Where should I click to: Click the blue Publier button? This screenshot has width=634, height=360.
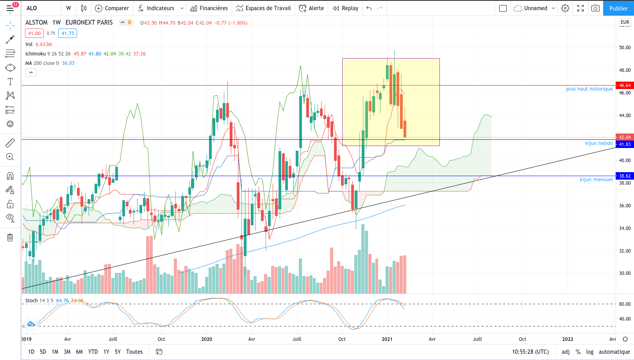(618, 8)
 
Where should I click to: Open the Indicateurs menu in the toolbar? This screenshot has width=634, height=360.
(160, 8)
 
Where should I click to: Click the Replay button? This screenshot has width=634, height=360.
(346, 8)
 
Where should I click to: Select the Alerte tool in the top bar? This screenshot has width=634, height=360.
(311, 8)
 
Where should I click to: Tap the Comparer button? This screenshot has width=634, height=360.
(112, 8)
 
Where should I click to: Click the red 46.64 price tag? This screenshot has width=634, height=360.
(624, 85)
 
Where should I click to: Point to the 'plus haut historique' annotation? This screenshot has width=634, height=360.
(589, 89)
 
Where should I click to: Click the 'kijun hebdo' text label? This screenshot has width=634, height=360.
(599, 143)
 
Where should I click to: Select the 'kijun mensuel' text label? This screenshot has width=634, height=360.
(596, 179)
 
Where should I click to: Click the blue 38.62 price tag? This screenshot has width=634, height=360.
(624, 176)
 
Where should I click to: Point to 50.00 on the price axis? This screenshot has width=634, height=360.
(625, 47)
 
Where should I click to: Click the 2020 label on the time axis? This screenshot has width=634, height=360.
(207, 339)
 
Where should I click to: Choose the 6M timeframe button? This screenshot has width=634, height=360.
(79, 352)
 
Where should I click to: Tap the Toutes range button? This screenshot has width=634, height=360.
(134, 352)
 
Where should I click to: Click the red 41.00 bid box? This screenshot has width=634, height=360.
(34, 33)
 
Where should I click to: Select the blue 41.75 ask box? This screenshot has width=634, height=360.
(67, 33)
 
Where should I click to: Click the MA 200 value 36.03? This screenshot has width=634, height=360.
(68, 63)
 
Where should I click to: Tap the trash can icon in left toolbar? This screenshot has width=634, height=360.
(10, 237)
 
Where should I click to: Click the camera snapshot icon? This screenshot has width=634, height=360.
(595, 8)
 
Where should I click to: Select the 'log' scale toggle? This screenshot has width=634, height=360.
(590, 352)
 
